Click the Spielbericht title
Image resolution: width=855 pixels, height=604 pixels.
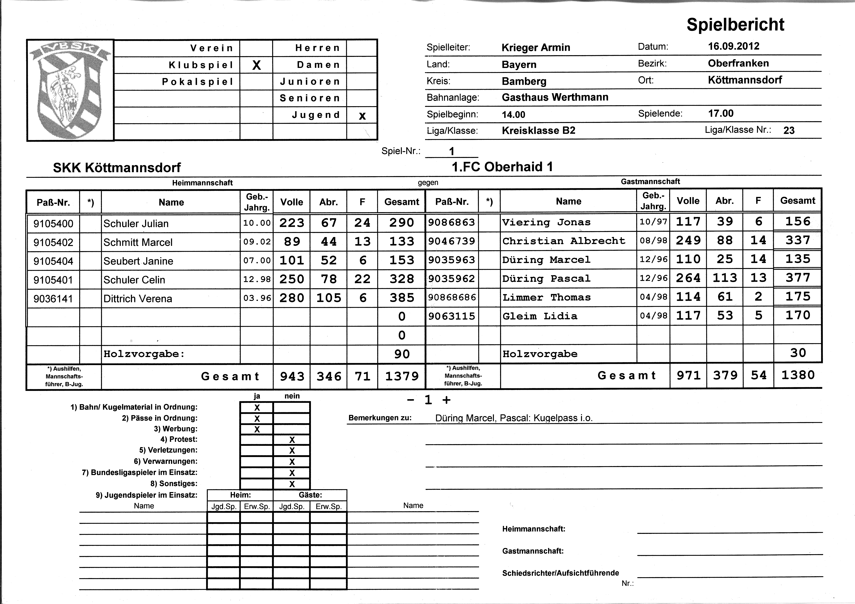(735, 25)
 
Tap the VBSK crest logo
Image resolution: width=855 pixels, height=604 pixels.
(70, 89)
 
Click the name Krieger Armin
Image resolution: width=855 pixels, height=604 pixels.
(536, 48)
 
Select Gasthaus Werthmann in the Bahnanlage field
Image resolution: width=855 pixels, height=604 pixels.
(555, 98)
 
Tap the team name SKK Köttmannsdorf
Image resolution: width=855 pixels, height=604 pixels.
(117, 168)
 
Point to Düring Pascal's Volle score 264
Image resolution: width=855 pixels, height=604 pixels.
(688, 278)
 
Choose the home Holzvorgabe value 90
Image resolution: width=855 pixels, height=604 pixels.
(402, 354)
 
